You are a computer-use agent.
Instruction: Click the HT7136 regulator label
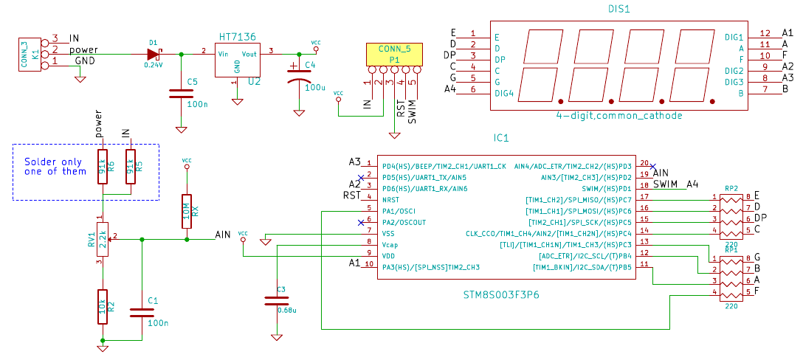tap(238, 37)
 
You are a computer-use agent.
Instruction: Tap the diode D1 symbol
tap(153, 54)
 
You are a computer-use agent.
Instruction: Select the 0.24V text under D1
tap(153, 65)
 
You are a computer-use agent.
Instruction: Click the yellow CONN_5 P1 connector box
tap(393, 54)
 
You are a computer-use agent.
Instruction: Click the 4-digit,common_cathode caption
tap(619, 116)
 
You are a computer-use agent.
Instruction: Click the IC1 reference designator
tap(501, 137)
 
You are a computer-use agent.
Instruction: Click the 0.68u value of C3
tap(286, 311)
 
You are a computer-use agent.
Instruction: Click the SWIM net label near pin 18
tap(665, 184)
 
